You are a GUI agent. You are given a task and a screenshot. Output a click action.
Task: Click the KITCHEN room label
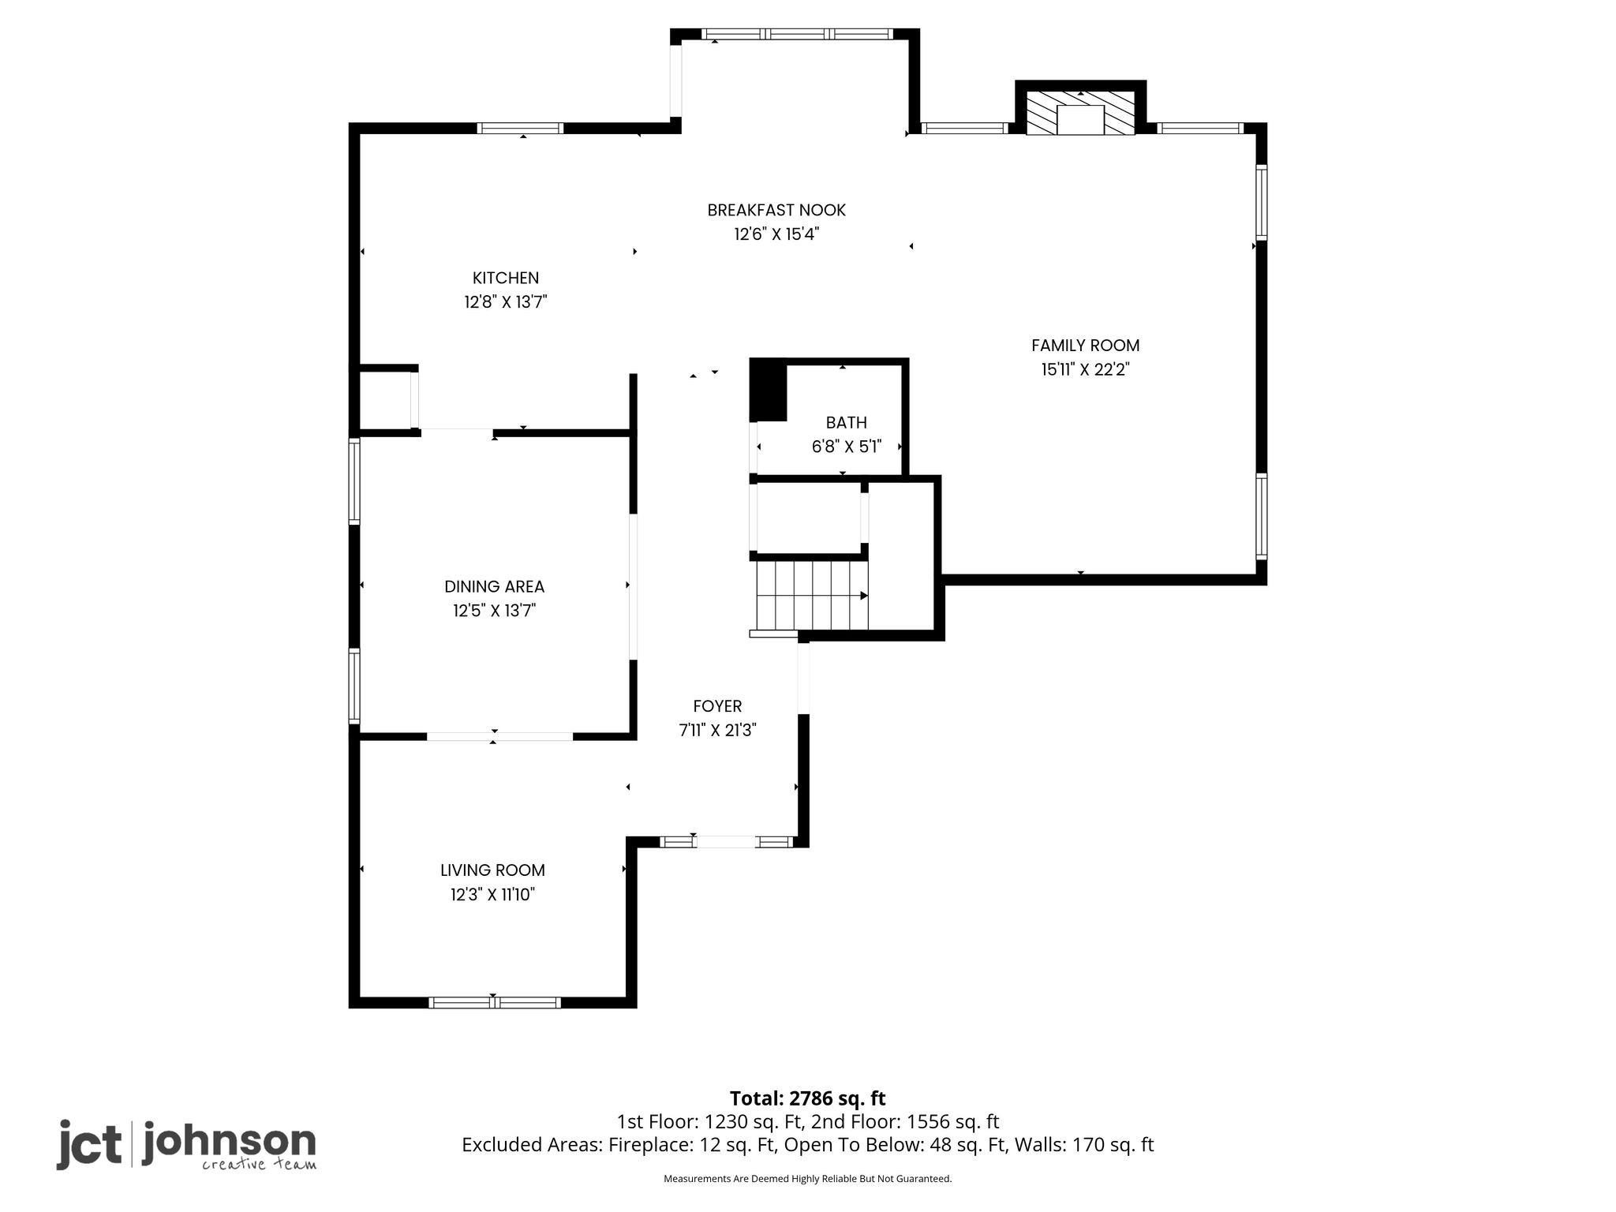(x=506, y=278)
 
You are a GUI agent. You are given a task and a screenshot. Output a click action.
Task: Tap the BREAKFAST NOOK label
(x=776, y=210)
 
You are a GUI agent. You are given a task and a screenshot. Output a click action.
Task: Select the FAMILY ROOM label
(x=1085, y=346)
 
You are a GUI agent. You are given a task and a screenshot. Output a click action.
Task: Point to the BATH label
(x=847, y=422)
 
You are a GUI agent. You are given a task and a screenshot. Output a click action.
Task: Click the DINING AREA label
(x=494, y=586)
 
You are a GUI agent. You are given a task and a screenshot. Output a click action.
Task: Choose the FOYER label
(x=717, y=706)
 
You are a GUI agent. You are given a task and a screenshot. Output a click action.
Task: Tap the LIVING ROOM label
(x=492, y=870)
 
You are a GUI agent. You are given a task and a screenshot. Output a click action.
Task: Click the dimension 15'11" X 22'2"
(x=1085, y=369)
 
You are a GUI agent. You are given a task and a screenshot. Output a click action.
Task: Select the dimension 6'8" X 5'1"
(x=847, y=447)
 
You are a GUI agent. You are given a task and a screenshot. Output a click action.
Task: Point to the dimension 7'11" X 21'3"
(x=717, y=731)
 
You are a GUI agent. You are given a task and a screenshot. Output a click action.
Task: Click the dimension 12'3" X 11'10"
(x=492, y=894)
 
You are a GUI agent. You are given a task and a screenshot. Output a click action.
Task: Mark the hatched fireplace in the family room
(x=1080, y=112)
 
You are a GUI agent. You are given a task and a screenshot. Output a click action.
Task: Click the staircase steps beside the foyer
(x=812, y=595)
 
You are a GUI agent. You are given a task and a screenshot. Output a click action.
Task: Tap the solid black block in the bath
(x=768, y=390)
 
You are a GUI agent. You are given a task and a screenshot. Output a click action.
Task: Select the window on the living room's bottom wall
(x=495, y=1003)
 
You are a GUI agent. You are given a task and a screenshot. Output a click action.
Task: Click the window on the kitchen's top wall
(x=520, y=129)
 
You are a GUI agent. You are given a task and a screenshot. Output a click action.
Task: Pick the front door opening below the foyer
(x=726, y=842)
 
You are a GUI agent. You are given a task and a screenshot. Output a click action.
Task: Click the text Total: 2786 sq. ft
(x=807, y=1098)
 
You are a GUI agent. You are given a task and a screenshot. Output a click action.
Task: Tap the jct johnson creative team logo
(x=186, y=1145)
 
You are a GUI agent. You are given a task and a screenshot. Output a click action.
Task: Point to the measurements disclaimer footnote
(x=807, y=1179)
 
